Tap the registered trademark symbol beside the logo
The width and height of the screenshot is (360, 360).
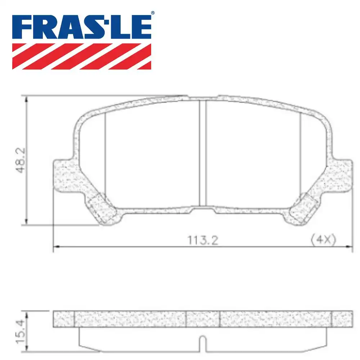pyautogui.click(x=152, y=13)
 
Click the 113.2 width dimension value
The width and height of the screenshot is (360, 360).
pyautogui.click(x=203, y=240)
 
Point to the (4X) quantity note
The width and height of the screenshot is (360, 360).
pyautogui.click(x=323, y=239)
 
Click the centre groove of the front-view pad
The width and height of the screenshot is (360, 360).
pyautogui.click(x=203, y=153)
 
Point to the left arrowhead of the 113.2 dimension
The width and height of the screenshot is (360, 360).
pyautogui.click(x=56, y=247)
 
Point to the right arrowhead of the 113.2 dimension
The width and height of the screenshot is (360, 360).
pyautogui.click(x=349, y=247)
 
